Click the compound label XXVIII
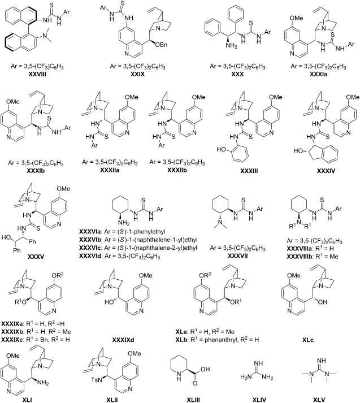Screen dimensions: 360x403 pyautogui.click(x=37, y=75)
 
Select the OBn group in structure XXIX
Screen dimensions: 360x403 pyautogui.click(x=162, y=45)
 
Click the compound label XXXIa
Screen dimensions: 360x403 pyautogui.click(x=318, y=75)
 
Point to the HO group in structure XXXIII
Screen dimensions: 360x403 pyautogui.click(x=221, y=149)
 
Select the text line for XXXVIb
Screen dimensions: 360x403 pyautogui.click(x=138, y=240)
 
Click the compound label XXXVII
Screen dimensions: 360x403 pyautogui.click(x=238, y=256)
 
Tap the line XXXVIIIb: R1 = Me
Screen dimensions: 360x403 pyautogui.click(x=313, y=256)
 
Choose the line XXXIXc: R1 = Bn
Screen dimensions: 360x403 pyautogui.click(x=36, y=339)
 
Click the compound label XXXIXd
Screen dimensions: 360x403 pyautogui.click(x=123, y=340)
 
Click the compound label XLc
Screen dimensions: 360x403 pyautogui.click(x=308, y=340)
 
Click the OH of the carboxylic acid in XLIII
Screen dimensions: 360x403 pyautogui.click(x=205, y=369)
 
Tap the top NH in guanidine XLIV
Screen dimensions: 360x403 pyautogui.click(x=258, y=363)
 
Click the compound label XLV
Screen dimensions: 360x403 pyautogui.click(x=319, y=400)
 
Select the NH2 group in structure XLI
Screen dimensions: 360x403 pyautogui.click(x=43, y=383)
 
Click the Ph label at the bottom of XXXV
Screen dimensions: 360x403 pyautogui.click(x=17, y=250)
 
